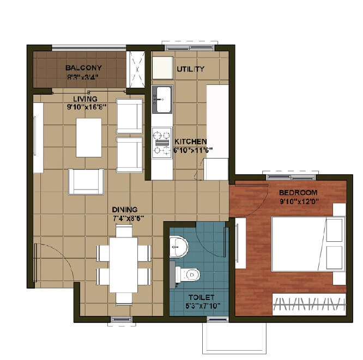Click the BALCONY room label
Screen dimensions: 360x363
(x=83, y=68)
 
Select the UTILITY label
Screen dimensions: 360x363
(x=190, y=69)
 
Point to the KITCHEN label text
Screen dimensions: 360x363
(x=191, y=141)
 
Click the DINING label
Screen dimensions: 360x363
(x=125, y=209)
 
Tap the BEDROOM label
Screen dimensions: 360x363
(x=298, y=193)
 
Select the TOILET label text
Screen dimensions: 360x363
(x=201, y=297)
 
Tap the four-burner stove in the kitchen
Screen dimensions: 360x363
(x=162, y=142)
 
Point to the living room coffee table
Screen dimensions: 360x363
(x=88, y=137)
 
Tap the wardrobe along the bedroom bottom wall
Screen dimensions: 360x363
(x=309, y=303)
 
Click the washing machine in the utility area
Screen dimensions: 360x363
(x=162, y=68)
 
